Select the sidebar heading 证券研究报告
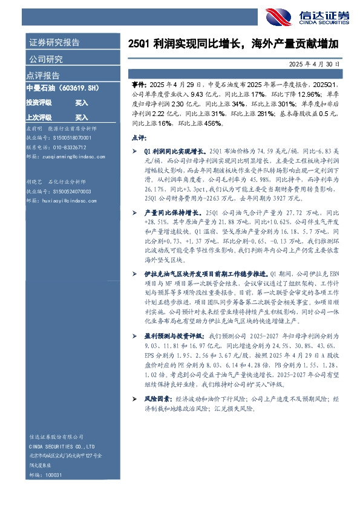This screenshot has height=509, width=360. coord(54,43)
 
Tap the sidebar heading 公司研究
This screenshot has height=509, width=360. coord(45,59)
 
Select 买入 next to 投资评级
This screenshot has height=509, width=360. coord(81,103)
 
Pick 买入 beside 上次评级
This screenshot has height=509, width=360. coord(81,117)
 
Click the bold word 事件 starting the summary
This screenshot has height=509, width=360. coord(139,86)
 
